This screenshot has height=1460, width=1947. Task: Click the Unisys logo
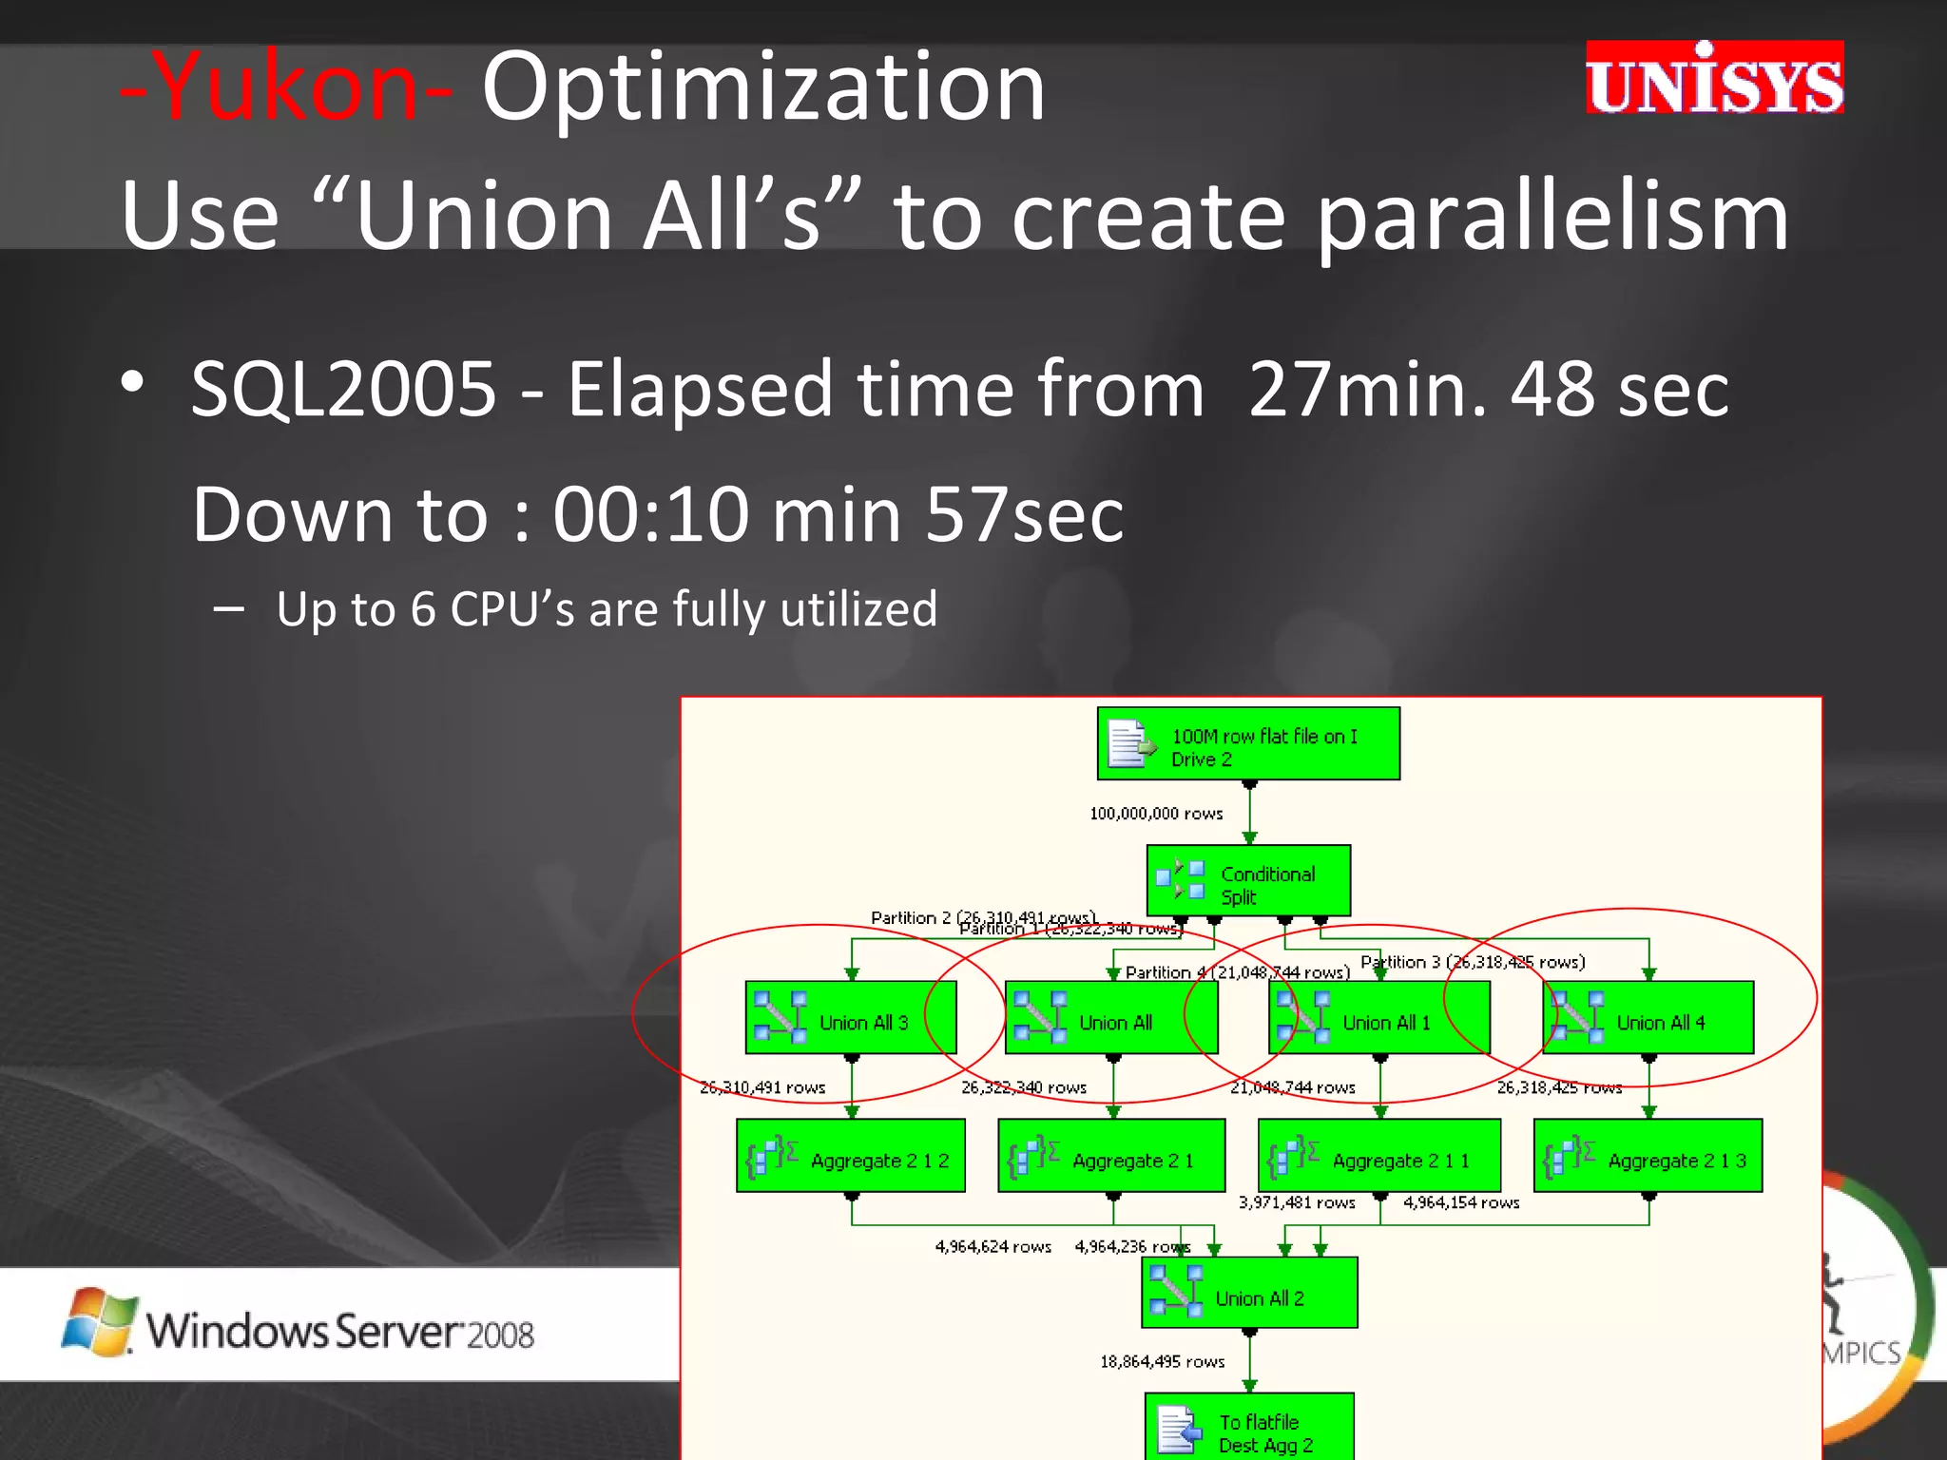(x=1713, y=79)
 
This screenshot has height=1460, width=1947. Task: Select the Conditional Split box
(x=1247, y=881)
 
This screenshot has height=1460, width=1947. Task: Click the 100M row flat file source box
(x=1247, y=744)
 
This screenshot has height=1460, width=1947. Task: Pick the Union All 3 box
(x=851, y=1018)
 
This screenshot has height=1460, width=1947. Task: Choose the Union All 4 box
(x=1648, y=1018)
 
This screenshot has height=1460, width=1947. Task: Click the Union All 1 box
(x=1378, y=1018)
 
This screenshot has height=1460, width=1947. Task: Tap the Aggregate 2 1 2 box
(x=851, y=1156)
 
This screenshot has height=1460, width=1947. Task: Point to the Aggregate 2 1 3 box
(x=1648, y=1156)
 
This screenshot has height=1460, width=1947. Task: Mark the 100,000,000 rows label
(x=1156, y=814)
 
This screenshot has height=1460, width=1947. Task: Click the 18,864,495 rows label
(x=1162, y=1362)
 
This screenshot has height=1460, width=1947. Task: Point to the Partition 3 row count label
(x=1473, y=962)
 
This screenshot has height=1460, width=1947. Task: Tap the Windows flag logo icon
(x=98, y=1322)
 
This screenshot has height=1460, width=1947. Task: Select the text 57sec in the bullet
(x=1024, y=515)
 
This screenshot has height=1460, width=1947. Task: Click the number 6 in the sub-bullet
(x=423, y=609)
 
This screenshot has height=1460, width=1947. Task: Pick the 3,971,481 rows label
(x=1296, y=1203)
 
